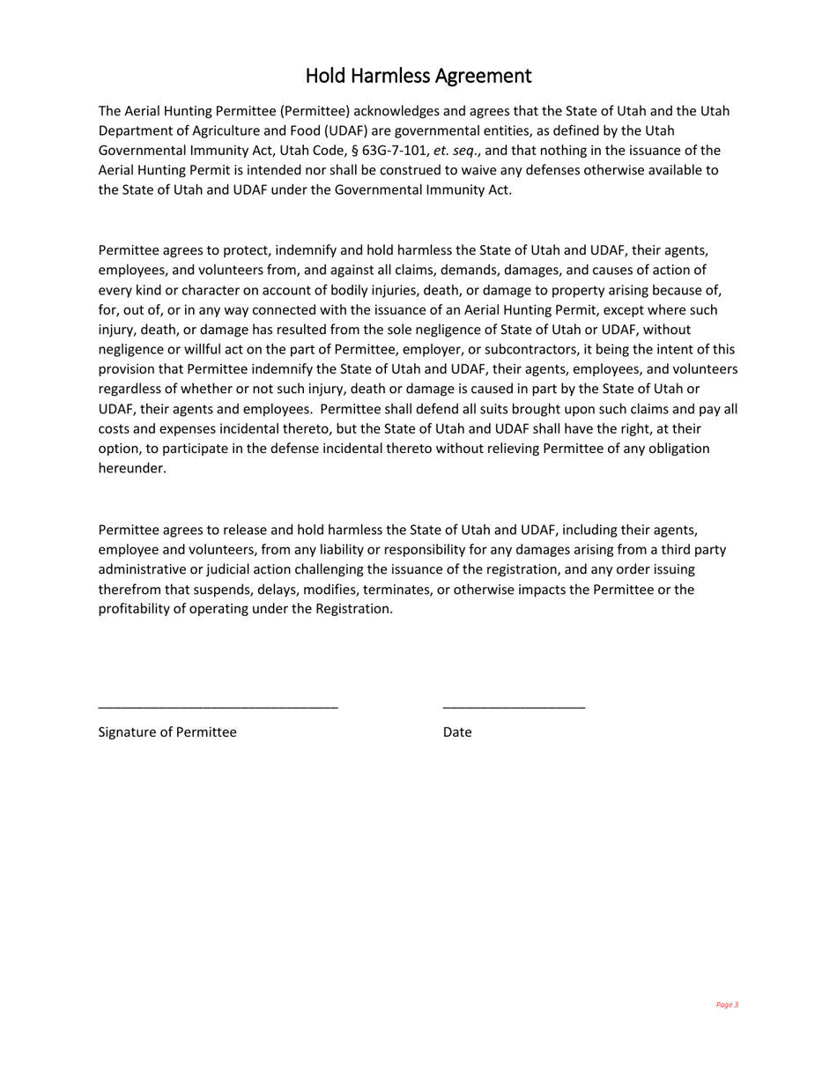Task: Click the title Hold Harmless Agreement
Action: (x=418, y=76)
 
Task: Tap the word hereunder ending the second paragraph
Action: (x=132, y=469)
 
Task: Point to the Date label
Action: (x=457, y=732)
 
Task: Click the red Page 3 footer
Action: (x=727, y=1005)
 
